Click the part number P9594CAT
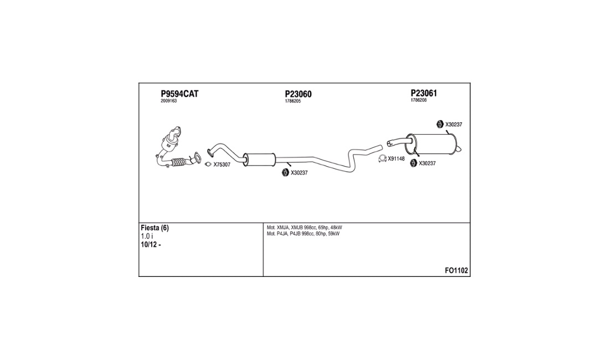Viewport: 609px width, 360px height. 179,94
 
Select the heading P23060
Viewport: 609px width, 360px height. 298,94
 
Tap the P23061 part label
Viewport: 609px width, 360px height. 424,93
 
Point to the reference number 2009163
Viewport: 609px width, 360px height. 168,101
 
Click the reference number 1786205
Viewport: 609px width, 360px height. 293,101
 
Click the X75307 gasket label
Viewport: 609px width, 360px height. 221,164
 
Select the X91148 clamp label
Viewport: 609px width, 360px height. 396,159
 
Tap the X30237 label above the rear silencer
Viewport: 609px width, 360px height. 453,125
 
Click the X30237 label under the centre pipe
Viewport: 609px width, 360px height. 299,173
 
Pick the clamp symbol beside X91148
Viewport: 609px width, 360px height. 381,160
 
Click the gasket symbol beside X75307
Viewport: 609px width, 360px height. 208,164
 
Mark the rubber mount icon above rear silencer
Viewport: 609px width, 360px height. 440,124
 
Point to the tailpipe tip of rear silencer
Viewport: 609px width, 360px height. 461,148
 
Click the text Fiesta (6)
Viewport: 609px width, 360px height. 154,228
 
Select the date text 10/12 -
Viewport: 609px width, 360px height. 151,245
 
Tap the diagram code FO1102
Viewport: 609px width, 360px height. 456,271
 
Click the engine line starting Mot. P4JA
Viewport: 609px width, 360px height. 303,234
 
